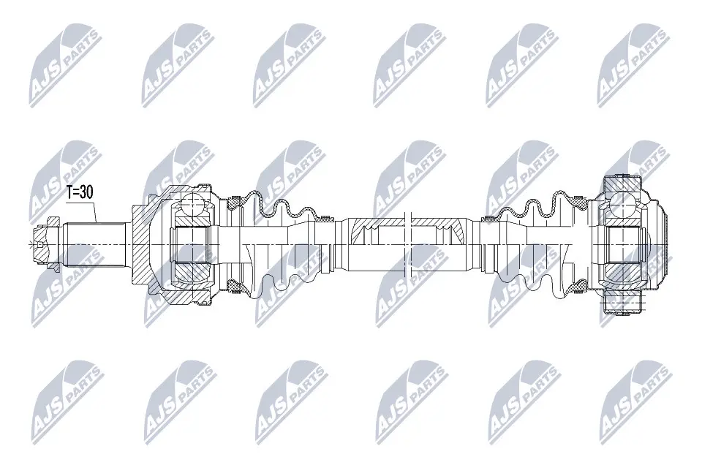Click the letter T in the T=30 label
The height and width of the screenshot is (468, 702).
click(70, 193)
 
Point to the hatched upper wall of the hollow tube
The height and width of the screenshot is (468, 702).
click(380, 221)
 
